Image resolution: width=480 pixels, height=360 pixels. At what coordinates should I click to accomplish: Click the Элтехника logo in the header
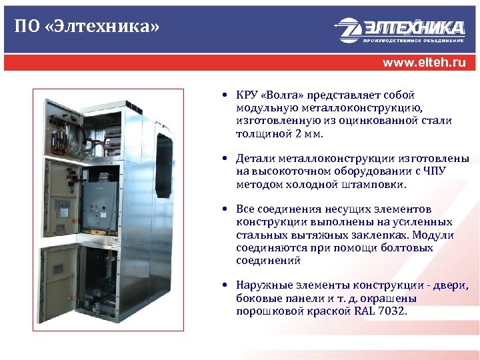399,31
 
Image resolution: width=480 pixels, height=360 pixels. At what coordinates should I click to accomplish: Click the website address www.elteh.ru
424,63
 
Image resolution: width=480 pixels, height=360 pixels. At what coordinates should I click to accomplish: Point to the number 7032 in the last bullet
393,311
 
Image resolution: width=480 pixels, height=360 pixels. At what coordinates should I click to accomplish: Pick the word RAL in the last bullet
362,311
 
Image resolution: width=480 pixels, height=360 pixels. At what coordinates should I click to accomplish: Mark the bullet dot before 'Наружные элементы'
227,286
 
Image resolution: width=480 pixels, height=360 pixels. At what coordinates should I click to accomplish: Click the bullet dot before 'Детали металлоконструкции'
227,159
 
